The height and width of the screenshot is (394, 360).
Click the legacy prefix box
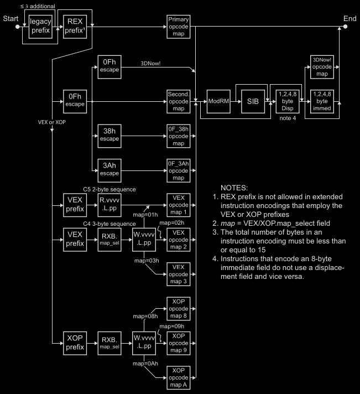40,27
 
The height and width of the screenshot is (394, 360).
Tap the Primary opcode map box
178,27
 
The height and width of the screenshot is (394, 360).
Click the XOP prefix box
74,343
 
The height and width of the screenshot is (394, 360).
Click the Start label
9,18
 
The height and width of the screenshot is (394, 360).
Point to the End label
349,18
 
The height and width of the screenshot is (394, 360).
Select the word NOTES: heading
235,188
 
